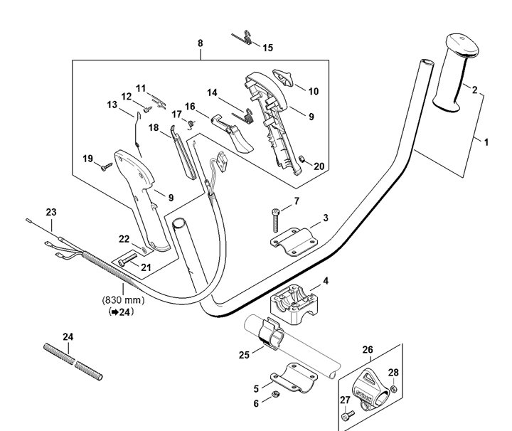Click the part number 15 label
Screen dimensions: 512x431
pos(268,48)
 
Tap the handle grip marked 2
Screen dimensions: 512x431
pos(456,73)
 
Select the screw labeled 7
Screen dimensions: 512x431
pos(276,220)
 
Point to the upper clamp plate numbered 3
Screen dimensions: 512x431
pos(294,242)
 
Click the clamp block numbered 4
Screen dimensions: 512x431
pos(294,304)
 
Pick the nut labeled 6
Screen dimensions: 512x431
pos(275,394)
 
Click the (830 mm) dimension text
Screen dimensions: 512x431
pos(124,299)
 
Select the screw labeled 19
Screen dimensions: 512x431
pos(107,167)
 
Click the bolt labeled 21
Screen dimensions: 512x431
pos(127,260)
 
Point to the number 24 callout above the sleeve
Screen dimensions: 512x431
pos(68,336)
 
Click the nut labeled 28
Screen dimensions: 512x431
pos(394,389)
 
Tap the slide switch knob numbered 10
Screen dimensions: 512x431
pos(283,78)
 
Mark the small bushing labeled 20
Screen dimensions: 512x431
pos(302,159)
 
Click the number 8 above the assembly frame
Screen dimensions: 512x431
pos(200,43)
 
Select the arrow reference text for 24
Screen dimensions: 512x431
pos(121,312)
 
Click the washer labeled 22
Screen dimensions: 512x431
pos(144,250)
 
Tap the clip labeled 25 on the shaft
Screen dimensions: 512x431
pos(271,333)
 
